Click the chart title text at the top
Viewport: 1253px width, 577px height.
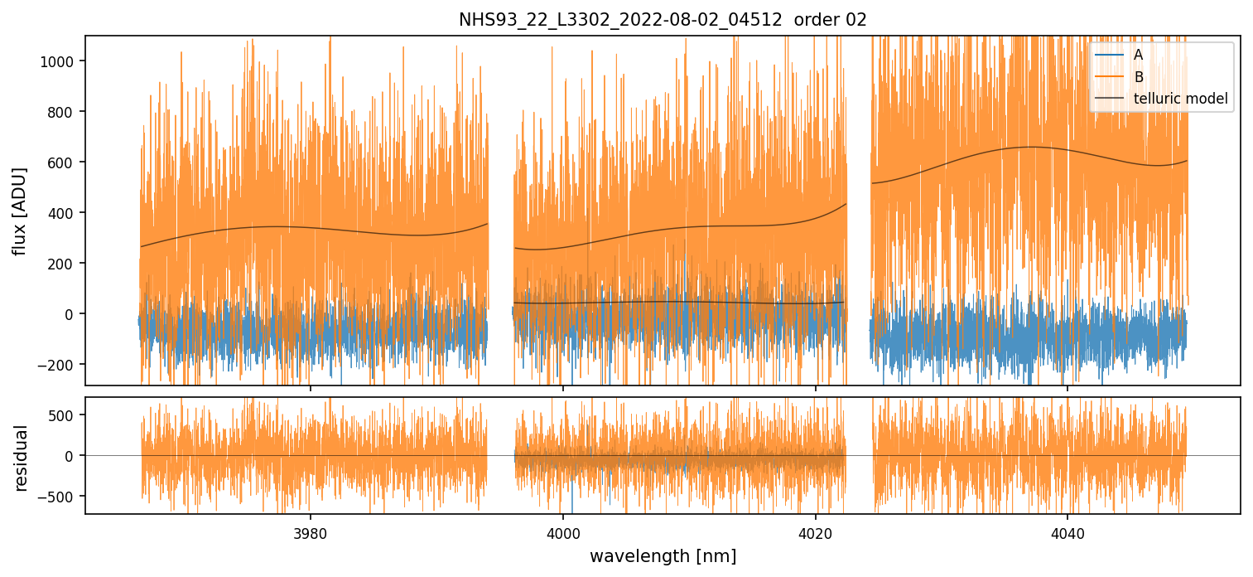click(x=663, y=20)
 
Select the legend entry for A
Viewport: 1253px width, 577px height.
click(x=1139, y=55)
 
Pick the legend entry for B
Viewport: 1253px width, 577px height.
click(x=1139, y=77)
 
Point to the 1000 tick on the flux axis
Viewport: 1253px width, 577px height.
click(x=60, y=61)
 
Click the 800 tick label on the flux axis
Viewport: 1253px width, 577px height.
click(x=64, y=112)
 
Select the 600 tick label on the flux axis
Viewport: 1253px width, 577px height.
click(x=64, y=162)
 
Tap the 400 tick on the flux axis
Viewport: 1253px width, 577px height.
click(x=64, y=213)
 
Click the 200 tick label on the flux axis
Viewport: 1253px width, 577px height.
click(x=64, y=264)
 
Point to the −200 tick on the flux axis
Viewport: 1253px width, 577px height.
click(x=60, y=365)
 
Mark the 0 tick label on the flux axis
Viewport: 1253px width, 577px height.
click(x=71, y=314)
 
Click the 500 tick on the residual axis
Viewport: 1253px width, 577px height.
click(x=64, y=415)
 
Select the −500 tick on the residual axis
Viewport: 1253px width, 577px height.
click(x=60, y=497)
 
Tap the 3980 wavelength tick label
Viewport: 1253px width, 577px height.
click(x=311, y=531)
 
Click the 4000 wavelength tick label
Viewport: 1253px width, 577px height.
click(x=563, y=531)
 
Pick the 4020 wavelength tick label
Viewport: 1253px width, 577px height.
click(x=815, y=531)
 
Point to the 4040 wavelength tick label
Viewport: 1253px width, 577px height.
click(x=1067, y=531)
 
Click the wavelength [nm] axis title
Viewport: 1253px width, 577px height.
click(x=663, y=556)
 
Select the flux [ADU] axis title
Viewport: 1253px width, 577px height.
click(x=20, y=211)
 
